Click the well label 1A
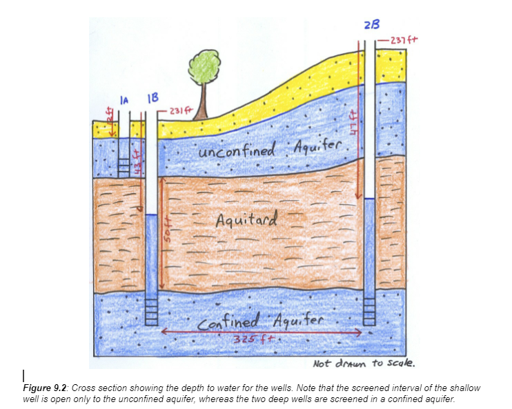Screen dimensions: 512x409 pyautogui.click(x=124, y=101)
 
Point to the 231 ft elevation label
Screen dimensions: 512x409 pyautogui.click(x=175, y=110)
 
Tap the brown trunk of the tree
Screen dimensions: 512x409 pyautogui.click(x=203, y=104)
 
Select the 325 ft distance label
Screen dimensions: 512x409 pyautogui.click(x=255, y=339)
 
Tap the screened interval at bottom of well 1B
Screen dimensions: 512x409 pyautogui.click(x=152, y=311)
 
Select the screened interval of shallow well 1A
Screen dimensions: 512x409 pyautogui.click(x=124, y=166)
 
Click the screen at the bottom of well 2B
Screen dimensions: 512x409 pyautogui.click(x=370, y=310)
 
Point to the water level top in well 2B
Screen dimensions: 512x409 pyautogui.click(x=370, y=199)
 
